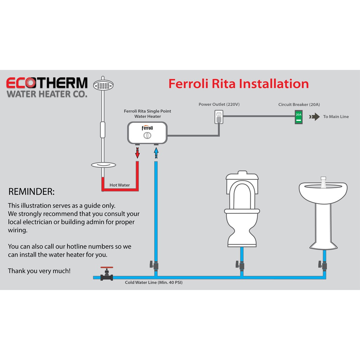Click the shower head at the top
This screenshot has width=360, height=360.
(x=103, y=85)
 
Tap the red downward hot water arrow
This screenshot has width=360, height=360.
(x=137, y=153)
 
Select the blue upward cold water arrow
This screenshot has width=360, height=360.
(x=156, y=153)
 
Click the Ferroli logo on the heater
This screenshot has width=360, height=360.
(x=147, y=128)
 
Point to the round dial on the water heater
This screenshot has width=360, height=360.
(x=147, y=135)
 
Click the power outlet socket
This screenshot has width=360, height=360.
(x=219, y=117)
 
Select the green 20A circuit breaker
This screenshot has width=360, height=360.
(x=298, y=117)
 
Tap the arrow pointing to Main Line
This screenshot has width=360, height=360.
(x=314, y=117)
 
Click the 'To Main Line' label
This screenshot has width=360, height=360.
(x=336, y=117)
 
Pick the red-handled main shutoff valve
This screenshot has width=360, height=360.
(x=107, y=274)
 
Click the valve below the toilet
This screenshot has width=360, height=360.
(x=240, y=265)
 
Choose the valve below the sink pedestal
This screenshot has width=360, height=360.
(x=323, y=265)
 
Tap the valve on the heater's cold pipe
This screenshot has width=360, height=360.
(x=154, y=265)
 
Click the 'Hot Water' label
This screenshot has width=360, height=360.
(x=120, y=185)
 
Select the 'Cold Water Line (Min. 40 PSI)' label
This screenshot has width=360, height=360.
(x=154, y=282)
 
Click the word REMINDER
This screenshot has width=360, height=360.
(x=31, y=192)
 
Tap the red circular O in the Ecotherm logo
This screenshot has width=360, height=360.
(x=30, y=83)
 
